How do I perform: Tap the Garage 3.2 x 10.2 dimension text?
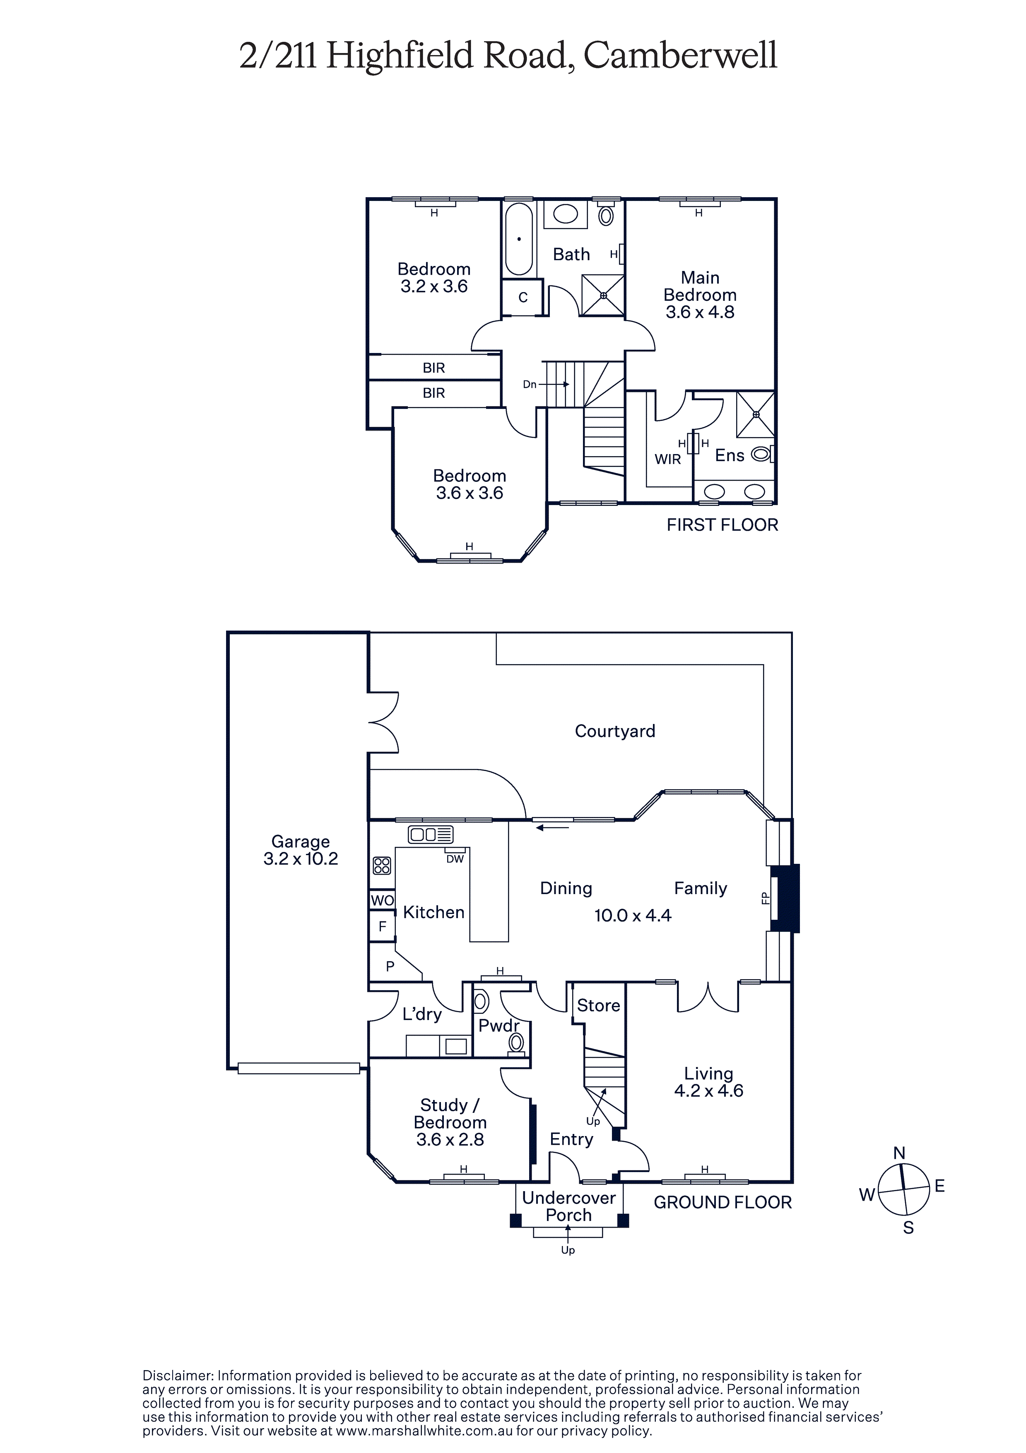click(301, 859)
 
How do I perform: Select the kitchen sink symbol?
click(431, 835)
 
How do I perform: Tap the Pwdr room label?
click(499, 1026)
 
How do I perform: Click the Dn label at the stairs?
click(530, 384)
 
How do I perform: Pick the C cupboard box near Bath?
click(523, 297)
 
